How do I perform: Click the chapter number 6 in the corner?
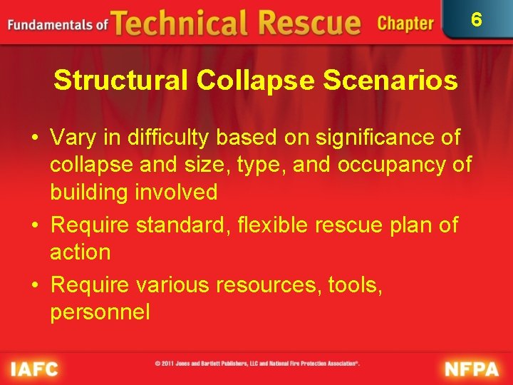477,19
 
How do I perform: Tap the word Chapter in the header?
405,24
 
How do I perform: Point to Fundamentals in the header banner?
50,25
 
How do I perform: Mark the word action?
80,252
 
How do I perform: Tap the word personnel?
100,312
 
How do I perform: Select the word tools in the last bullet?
356,284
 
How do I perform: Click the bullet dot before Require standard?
36,225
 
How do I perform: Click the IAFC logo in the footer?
33,369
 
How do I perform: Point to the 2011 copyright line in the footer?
257,364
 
